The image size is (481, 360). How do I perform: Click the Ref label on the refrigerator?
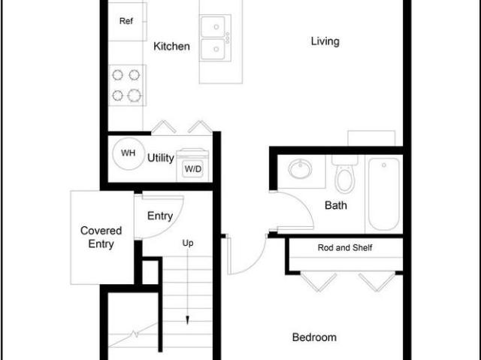tap(126, 21)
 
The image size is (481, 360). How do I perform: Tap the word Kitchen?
tap(171, 47)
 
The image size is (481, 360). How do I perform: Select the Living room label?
tap(325, 41)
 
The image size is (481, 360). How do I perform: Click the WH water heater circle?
tap(129, 153)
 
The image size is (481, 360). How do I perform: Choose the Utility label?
tap(161, 158)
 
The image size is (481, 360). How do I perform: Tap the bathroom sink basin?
tap(300, 169)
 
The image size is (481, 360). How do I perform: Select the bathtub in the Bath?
tap(384, 194)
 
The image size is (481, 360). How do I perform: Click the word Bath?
tap(336, 205)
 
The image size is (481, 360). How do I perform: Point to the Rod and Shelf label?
tap(345, 247)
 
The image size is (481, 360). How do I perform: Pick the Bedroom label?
tap(314, 337)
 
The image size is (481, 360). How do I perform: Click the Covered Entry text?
tap(101, 237)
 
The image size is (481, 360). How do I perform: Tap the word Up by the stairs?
tap(188, 243)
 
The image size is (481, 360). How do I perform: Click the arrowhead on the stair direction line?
tap(187, 320)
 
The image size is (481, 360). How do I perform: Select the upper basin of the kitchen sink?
tap(213, 26)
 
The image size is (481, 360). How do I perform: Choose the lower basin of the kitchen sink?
tap(213, 49)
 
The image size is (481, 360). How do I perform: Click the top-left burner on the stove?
tap(118, 75)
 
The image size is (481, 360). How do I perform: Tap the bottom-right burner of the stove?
tap(135, 95)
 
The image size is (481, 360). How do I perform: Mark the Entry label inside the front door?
tap(160, 216)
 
